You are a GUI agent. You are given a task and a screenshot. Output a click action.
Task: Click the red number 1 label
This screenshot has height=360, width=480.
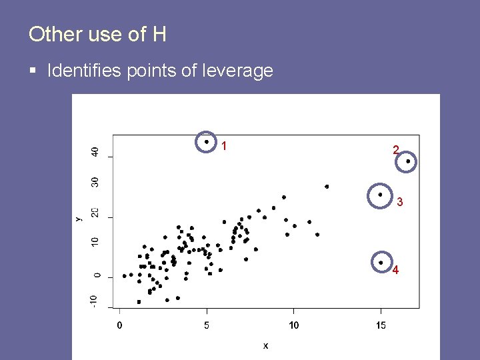(x=225, y=145)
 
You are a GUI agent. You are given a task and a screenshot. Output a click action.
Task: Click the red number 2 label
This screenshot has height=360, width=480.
(x=396, y=151)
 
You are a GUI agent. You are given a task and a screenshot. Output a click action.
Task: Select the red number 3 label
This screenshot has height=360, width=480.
(x=399, y=201)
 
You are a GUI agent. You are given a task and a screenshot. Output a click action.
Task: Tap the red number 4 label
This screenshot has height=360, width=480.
(x=396, y=270)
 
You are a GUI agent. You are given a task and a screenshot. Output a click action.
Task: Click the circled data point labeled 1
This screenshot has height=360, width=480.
(x=207, y=141)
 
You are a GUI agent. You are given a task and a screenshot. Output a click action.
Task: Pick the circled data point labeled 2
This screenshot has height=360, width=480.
(x=408, y=161)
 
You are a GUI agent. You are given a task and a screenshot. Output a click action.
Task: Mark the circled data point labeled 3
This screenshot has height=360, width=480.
(x=380, y=195)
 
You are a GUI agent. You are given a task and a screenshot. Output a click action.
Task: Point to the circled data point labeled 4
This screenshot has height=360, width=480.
(x=381, y=263)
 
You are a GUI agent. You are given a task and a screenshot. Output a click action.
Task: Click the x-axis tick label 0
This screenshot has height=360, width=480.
(x=119, y=325)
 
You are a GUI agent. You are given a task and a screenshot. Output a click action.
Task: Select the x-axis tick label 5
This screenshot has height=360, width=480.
(x=207, y=325)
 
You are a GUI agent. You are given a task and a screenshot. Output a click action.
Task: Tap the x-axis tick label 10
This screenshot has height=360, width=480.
(x=293, y=325)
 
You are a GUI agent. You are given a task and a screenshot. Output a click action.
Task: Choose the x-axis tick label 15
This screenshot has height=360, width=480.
(x=381, y=325)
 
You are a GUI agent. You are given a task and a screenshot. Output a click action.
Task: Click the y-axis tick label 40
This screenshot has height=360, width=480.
(x=95, y=152)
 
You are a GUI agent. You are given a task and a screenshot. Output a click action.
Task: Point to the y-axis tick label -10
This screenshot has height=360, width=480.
(x=95, y=301)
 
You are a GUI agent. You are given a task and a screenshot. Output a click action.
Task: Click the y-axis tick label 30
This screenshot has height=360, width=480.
(x=95, y=181)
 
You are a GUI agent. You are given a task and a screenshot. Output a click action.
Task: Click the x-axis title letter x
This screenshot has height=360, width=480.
(x=265, y=345)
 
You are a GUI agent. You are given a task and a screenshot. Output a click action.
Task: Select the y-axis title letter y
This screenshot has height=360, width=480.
(x=79, y=218)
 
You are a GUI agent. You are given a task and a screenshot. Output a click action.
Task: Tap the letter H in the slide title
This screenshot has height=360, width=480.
(x=159, y=34)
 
